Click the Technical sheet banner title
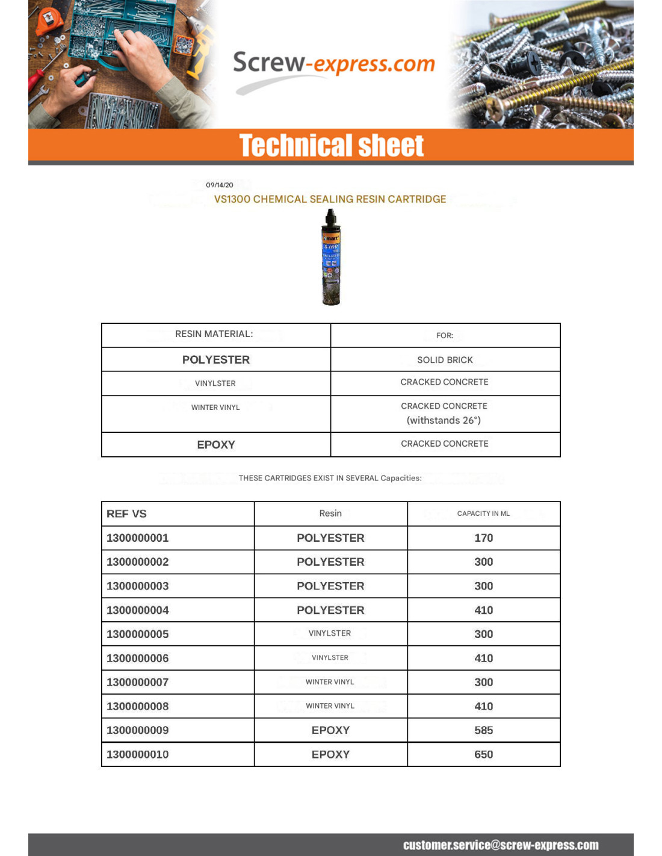click(331, 146)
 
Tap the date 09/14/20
click(220, 185)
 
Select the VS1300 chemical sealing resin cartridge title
click(330, 199)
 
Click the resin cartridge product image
click(331, 257)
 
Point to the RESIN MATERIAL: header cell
click(214, 334)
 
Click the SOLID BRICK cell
click(445, 360)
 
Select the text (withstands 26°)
click(444, 420)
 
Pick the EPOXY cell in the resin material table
click(216, 445)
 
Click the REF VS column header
click(126, 514)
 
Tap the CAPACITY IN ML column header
click(483, 513)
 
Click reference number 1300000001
click(138, 538)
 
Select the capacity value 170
click(483, 538)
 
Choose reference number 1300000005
click(138, 634)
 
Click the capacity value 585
click(483, 730)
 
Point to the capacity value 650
click(483, 754)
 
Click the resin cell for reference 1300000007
click(330, 682)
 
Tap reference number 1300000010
click(138, 754)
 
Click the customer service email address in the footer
click(501, 845)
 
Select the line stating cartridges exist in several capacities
click(330, 478)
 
